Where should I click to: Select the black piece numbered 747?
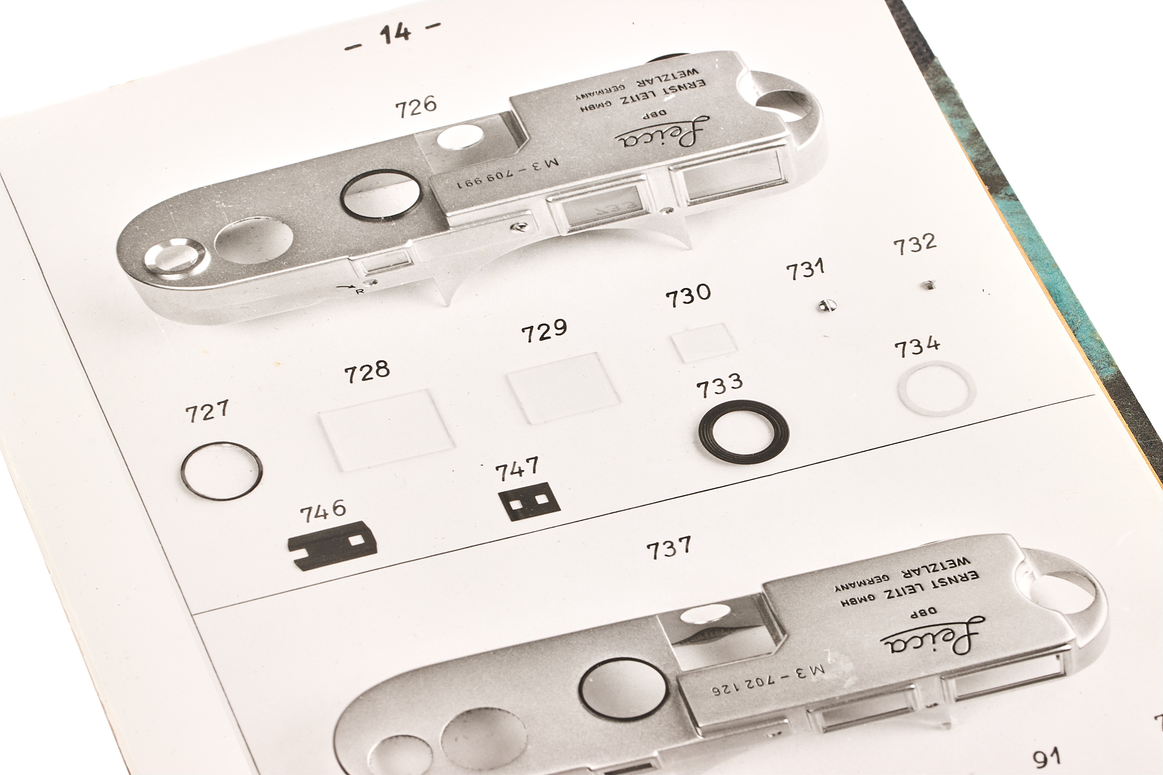[530, 501]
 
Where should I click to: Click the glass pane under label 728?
[386, 429]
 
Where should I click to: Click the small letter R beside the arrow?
[360, 291]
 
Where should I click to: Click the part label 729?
[544, 331]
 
